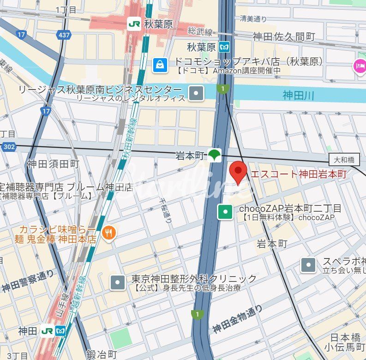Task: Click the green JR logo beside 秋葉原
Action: (134, 24)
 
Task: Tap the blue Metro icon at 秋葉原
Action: (224, 47)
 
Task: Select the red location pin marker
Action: (238, 173)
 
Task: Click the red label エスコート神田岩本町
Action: (298, 174)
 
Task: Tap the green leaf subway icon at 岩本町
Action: (214, 156)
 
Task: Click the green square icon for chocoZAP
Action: (225, 212)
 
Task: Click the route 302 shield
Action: (8, 146)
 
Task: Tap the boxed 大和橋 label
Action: (344, 160)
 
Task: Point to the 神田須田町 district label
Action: (53, 164)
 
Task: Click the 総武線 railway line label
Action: (200, 32)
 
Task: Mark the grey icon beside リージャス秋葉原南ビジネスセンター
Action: (197, 94)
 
